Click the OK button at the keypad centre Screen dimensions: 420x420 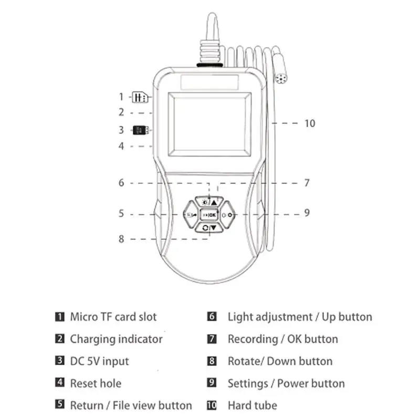[209, 215]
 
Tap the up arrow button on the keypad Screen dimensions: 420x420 [209, 202]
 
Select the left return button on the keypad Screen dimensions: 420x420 [191, 215]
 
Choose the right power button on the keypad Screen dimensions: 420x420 [227, 215]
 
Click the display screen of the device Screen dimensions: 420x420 [209, 124]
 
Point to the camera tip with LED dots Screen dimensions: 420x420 [281, 79]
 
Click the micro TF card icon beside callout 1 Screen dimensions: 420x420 [140, 97]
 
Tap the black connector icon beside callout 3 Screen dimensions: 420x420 [141, 130]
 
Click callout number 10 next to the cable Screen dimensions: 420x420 [310, 123]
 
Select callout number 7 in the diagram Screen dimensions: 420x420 [307, 183]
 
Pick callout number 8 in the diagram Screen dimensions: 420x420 [121, 239]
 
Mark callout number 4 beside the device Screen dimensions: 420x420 [121, 146]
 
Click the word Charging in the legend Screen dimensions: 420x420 [92, 339]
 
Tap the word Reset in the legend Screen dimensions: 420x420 [83, 383]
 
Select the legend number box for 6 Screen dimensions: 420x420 [212, 317]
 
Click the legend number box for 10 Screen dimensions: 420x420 [212, 405]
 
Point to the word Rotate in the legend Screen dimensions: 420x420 [246, 361]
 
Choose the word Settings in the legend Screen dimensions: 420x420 [248, 384]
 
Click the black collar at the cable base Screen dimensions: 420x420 [209, 65]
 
